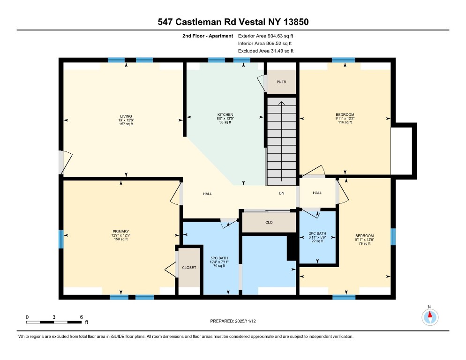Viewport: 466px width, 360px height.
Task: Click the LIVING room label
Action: (125, 116)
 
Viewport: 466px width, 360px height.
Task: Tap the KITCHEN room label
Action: (225, 115)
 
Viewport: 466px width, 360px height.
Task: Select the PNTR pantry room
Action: (281, 82)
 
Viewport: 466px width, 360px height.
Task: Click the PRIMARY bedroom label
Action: (120, 232)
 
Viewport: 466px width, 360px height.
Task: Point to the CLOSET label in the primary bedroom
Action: (189, 267)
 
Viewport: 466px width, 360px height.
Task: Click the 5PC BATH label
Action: (218, 258)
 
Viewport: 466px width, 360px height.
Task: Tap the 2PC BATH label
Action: (317, 233)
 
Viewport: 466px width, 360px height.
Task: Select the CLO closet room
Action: (269, 223)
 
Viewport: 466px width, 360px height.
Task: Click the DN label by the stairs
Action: (281, 193)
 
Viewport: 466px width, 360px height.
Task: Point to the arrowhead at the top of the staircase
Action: (281, 103)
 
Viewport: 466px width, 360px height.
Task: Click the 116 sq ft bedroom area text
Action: (345, 122)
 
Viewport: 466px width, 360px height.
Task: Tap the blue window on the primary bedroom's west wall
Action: (61, 239)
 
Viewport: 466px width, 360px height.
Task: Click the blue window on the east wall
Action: (393, 237)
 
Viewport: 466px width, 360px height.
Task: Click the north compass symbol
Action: (429, 317)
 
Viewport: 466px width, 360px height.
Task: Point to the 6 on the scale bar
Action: (82, 317)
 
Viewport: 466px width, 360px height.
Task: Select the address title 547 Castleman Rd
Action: (233, 22)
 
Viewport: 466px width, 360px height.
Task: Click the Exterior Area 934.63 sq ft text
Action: (266, 36)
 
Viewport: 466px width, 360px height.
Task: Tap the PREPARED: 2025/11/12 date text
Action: (233, 321)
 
